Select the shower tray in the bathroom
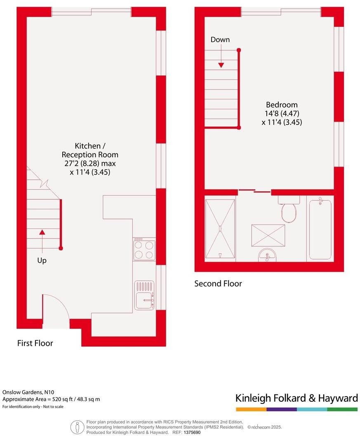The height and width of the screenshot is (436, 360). tap(220, 229)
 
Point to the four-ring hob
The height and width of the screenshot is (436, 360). tap(144, 249)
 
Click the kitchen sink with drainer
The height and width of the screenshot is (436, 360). tap(144, 295)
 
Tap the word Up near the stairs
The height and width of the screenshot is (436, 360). tap(42, 261)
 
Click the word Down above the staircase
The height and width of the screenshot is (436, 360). tap(220, 40)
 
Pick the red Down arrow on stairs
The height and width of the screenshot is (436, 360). tap(221, 56)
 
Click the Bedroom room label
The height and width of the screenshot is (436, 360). tap(282, 104)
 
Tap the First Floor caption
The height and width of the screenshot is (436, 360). tap(35, 343)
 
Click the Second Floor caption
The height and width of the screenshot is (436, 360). tap(218, 284)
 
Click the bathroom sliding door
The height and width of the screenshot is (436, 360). tap(255, 191)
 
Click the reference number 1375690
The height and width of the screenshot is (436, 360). tap(192, 432)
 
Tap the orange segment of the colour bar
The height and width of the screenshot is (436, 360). tap(251, 409)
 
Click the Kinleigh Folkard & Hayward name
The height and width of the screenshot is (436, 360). tap(296, 398)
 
